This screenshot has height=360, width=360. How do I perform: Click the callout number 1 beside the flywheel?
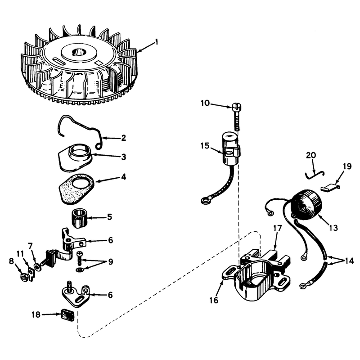(x=157, y=42)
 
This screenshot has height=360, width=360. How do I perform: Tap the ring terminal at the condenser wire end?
(x=204, y=201)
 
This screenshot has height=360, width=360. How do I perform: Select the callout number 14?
(x=349, y=261)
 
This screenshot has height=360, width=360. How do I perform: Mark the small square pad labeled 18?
(x=67, y=315)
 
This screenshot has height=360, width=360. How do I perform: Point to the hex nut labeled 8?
(x=24, y=277)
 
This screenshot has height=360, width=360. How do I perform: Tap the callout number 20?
(x=311, y=155)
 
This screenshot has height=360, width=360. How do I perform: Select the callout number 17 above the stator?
(x=277, y=228)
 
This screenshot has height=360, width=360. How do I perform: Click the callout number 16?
(x=214, y=300)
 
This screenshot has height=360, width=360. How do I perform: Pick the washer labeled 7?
(x=37, y=267)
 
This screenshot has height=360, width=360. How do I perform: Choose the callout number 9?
(x=111, y=261)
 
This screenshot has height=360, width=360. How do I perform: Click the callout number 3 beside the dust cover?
(x=123, y=157)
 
